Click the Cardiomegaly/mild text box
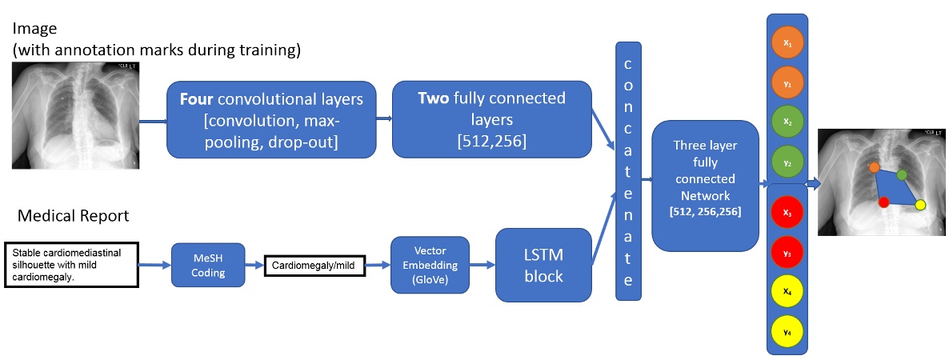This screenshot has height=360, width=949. [314, 265]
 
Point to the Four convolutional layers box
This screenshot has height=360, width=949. [271, 119]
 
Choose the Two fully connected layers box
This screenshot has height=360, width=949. [491, 119]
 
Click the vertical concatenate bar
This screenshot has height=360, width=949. [629, 170]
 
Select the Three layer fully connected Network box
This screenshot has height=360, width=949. [705, 186]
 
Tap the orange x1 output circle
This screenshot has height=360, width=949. [788, 43]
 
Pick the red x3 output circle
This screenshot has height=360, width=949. [788, 214]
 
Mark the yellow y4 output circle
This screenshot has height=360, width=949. [788, 331]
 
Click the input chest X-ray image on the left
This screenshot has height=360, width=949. [76, 117]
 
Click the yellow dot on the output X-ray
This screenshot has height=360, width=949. [920, 206]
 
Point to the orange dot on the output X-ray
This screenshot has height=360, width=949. [875, 167]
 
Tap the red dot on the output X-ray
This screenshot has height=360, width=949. [883, 202]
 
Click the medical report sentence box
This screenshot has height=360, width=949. [71, 262]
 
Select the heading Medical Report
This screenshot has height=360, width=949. [73, 216]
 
